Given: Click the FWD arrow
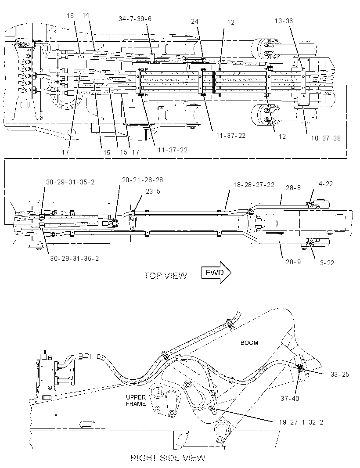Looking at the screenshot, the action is click(x=216, y=272).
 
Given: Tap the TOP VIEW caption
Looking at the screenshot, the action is click(x=166, y=275).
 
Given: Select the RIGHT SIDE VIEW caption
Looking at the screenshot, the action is click(x=168, y=457).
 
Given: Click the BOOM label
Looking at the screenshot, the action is click(x=249, y=342).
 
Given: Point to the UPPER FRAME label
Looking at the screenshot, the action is click(x=136, y=400).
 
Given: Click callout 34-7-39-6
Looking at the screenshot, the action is click(x=135, y=19).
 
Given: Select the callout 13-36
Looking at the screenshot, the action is click(x=284, y=21).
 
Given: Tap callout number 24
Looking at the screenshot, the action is click(x=194, y=21).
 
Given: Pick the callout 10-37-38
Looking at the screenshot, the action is click(x=326, y=138).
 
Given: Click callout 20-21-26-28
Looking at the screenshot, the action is click(x=142, y=180).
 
